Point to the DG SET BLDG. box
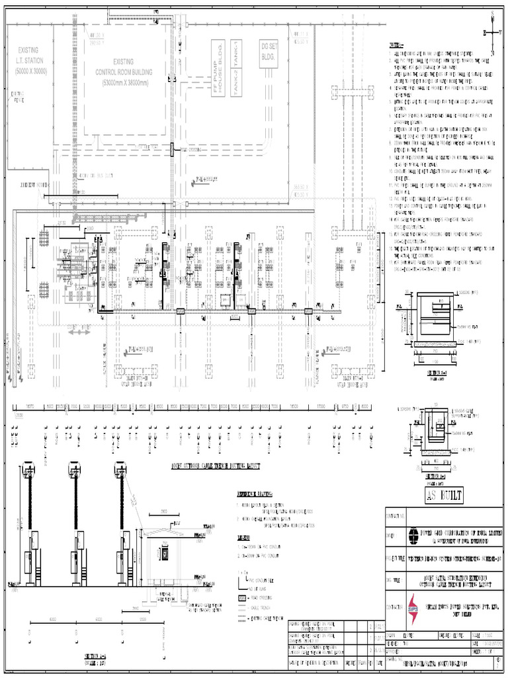pos(269,53)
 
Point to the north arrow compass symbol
pos(493,33)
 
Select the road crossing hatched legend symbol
pos(243,597)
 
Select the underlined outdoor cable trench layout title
pos(216,466)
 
